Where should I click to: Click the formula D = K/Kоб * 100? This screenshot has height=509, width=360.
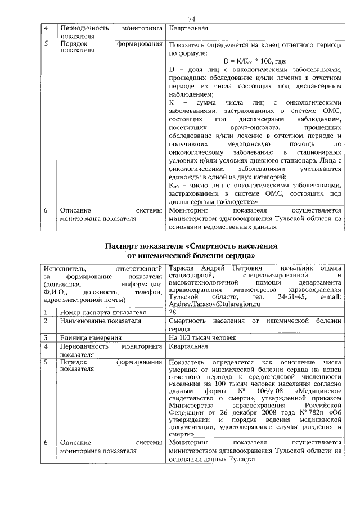click(x=255, y=61)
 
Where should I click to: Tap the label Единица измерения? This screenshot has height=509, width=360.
click(x=91, y=337)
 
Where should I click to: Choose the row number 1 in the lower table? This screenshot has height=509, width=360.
click(x=46, y=312)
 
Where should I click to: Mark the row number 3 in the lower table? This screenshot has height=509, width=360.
click(x=46, y=337)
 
